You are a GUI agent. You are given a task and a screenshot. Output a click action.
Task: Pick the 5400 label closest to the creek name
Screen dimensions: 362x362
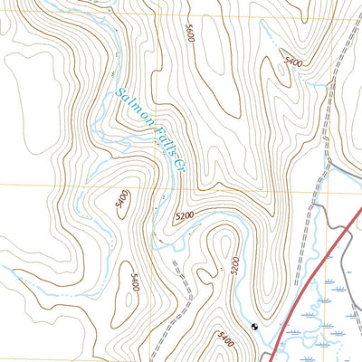[x=123, y=200]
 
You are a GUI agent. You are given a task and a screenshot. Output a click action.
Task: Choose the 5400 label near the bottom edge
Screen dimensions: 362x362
[x=226, y=342]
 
